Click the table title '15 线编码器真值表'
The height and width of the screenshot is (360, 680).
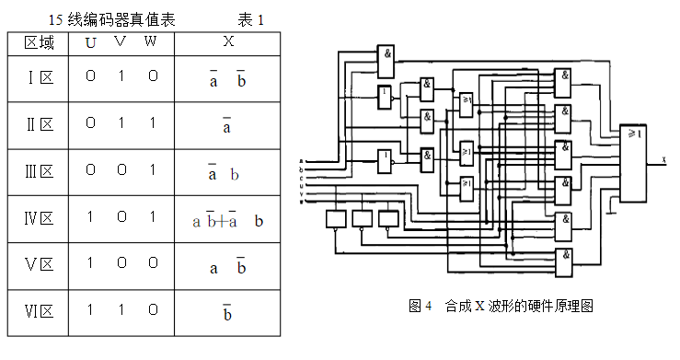111,19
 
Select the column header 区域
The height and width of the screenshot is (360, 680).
40,43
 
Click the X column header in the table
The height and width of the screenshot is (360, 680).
228,42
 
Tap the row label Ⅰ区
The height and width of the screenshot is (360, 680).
40,78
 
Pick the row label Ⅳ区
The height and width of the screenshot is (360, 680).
40,219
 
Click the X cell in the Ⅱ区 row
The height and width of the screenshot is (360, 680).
226,125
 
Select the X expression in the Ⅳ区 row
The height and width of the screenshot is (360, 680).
227,220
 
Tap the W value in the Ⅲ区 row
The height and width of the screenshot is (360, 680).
152,171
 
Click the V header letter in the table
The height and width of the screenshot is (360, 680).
121,42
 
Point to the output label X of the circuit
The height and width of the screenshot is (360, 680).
663,160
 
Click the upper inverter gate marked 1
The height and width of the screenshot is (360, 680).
386,95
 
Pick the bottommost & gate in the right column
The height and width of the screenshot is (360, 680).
563,257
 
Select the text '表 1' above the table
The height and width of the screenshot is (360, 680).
251,19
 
